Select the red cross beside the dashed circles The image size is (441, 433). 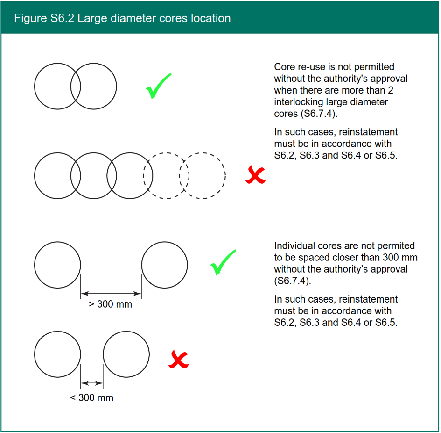256,175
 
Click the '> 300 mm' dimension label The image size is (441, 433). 111,304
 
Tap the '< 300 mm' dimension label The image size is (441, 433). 92,398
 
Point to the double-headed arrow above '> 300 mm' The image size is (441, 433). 111,294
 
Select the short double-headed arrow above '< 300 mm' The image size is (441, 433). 92,383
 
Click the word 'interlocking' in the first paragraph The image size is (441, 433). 298,102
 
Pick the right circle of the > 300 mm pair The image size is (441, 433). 164,265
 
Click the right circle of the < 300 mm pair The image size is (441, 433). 126,354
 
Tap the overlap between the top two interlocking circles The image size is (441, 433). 76,87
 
